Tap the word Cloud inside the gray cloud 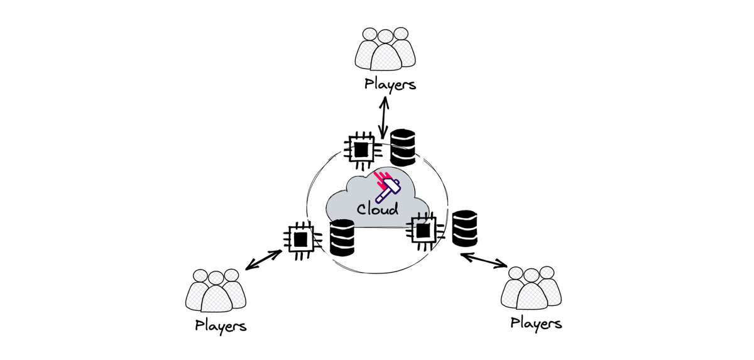click(x=378, y=209)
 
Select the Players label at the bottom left click(x=221, y=325)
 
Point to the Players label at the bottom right click(x=536, y=324)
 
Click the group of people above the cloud click(x=385, y=49)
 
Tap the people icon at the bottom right click(x=532, y=288)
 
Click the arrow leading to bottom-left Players click(x=263, y=259)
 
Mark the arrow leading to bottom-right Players click(x=484, y=260)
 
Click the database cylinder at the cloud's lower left click(x=342, y=237)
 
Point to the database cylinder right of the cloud click(x=464, y=227)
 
